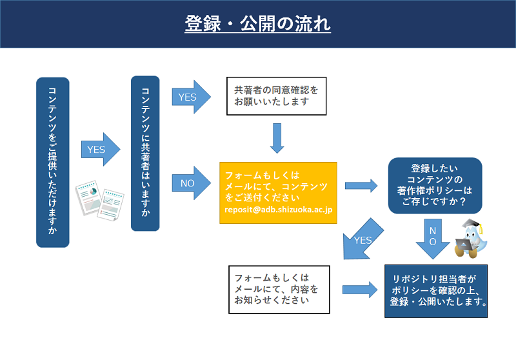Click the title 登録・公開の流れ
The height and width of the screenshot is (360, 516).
257,24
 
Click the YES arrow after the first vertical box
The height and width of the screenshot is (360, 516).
101,150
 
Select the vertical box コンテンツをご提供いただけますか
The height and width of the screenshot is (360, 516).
53,162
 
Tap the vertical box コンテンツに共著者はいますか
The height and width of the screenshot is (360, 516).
145,154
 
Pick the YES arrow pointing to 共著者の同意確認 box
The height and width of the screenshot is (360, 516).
191,97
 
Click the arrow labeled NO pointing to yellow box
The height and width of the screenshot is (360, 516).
191,183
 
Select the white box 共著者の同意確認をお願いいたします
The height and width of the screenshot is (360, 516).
277,96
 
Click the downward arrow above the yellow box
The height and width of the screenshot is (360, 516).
277,138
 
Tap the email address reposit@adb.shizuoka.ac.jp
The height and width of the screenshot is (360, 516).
279,210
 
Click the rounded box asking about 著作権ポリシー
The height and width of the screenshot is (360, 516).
435,186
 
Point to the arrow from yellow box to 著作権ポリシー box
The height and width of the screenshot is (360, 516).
361,186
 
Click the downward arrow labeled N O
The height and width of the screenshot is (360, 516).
433,239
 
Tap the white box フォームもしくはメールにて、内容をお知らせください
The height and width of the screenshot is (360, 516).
279,290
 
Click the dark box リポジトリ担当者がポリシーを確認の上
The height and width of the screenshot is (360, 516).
436,291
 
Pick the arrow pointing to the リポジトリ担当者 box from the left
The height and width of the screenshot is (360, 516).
360,290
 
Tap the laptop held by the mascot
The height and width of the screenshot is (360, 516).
464,245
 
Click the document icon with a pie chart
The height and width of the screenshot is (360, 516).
89,197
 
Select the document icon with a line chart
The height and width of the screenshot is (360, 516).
111,205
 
